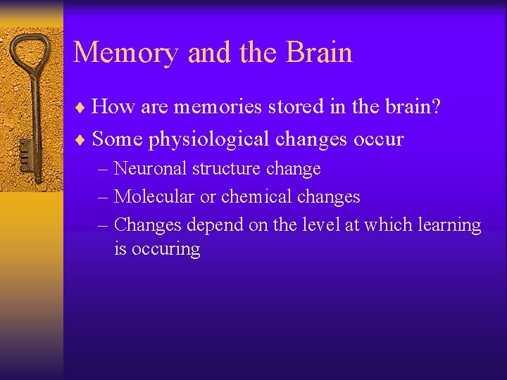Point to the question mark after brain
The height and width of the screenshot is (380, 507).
pos(436,107)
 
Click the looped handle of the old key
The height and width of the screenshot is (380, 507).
pos(32,53)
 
